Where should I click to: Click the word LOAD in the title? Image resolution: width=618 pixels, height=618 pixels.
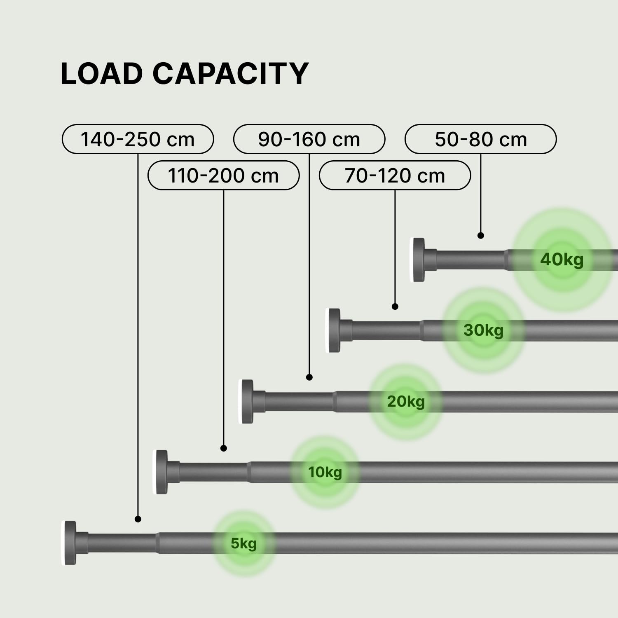(x=101, y=74)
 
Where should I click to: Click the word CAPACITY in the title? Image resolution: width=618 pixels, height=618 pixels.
(x=231, y=74)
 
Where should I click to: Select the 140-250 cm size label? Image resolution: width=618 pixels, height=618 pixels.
(x=138, y=139)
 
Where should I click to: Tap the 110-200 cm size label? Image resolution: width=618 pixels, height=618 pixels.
(x=223, y=176)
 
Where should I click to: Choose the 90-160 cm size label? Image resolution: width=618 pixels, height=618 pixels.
(x=309, y=139)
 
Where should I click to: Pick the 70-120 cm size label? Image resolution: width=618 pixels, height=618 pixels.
(x=395, y=176)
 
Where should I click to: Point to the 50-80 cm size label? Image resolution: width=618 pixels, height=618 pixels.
(x=480, y=139)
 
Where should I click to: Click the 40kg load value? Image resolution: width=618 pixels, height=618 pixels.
(x=562, y=260)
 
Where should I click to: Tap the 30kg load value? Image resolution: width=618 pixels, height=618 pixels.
(x=483, y=330)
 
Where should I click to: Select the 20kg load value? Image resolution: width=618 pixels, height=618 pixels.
(x=405, y=401)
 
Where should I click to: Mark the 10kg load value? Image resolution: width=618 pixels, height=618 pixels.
(x=325, y=472)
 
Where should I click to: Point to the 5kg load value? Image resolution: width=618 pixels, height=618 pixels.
(x=243, y=543)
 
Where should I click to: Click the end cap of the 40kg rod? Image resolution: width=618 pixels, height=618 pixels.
(x=419, y=260)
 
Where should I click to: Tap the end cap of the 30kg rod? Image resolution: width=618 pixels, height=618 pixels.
(x=334, y=330)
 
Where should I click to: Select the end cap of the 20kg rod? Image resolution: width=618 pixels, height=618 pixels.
(x=247, y=402)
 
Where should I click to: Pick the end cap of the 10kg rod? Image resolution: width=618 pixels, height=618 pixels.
(x=161, y=472)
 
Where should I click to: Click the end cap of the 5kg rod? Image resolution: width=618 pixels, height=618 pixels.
(x=70, y=543)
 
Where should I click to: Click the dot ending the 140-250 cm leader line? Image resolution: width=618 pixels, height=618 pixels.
(x=138, y=519)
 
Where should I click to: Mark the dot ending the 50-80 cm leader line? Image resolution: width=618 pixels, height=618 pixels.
(x=481, y=236)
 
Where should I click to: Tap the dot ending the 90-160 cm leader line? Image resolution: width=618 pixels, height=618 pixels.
(x=309, y=377)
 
